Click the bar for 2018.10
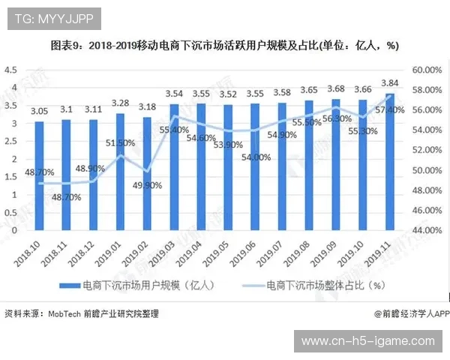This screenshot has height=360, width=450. [x=39, y=175]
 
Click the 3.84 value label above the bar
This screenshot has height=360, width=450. [x=390, y=83]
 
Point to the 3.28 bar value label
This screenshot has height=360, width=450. [x=120, y=103]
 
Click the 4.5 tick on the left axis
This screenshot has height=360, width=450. [x=10, y=70]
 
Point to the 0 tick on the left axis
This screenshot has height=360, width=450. [x=13, y=229]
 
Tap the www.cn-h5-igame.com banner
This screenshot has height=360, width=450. [x=367, y=341]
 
